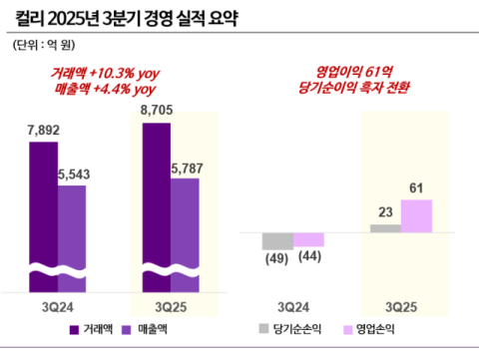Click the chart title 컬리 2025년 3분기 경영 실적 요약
click(x=140, y=17)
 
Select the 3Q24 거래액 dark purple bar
click(x=43, y=214)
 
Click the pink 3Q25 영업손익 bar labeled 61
click(x=416, y=215)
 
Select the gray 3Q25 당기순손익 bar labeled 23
click(x=385, y=228)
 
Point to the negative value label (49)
click(x=275, y=260)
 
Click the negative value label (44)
click(x=308, y=258)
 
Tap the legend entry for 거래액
click(x=93, y=329)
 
